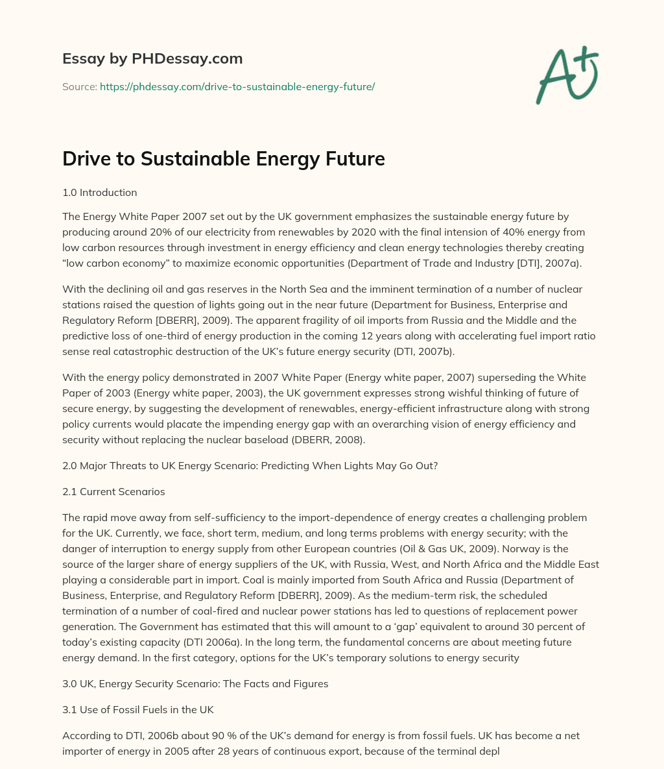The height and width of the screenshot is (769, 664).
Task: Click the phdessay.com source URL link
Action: (237, 86)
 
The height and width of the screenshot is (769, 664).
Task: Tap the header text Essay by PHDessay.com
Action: (152, 58)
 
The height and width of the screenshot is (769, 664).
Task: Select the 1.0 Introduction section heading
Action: (99, 192)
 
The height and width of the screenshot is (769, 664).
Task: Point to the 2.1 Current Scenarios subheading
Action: (113, 491)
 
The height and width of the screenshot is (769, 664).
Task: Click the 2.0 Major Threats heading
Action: (250, 465)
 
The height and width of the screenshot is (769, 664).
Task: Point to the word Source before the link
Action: (79, 86)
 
